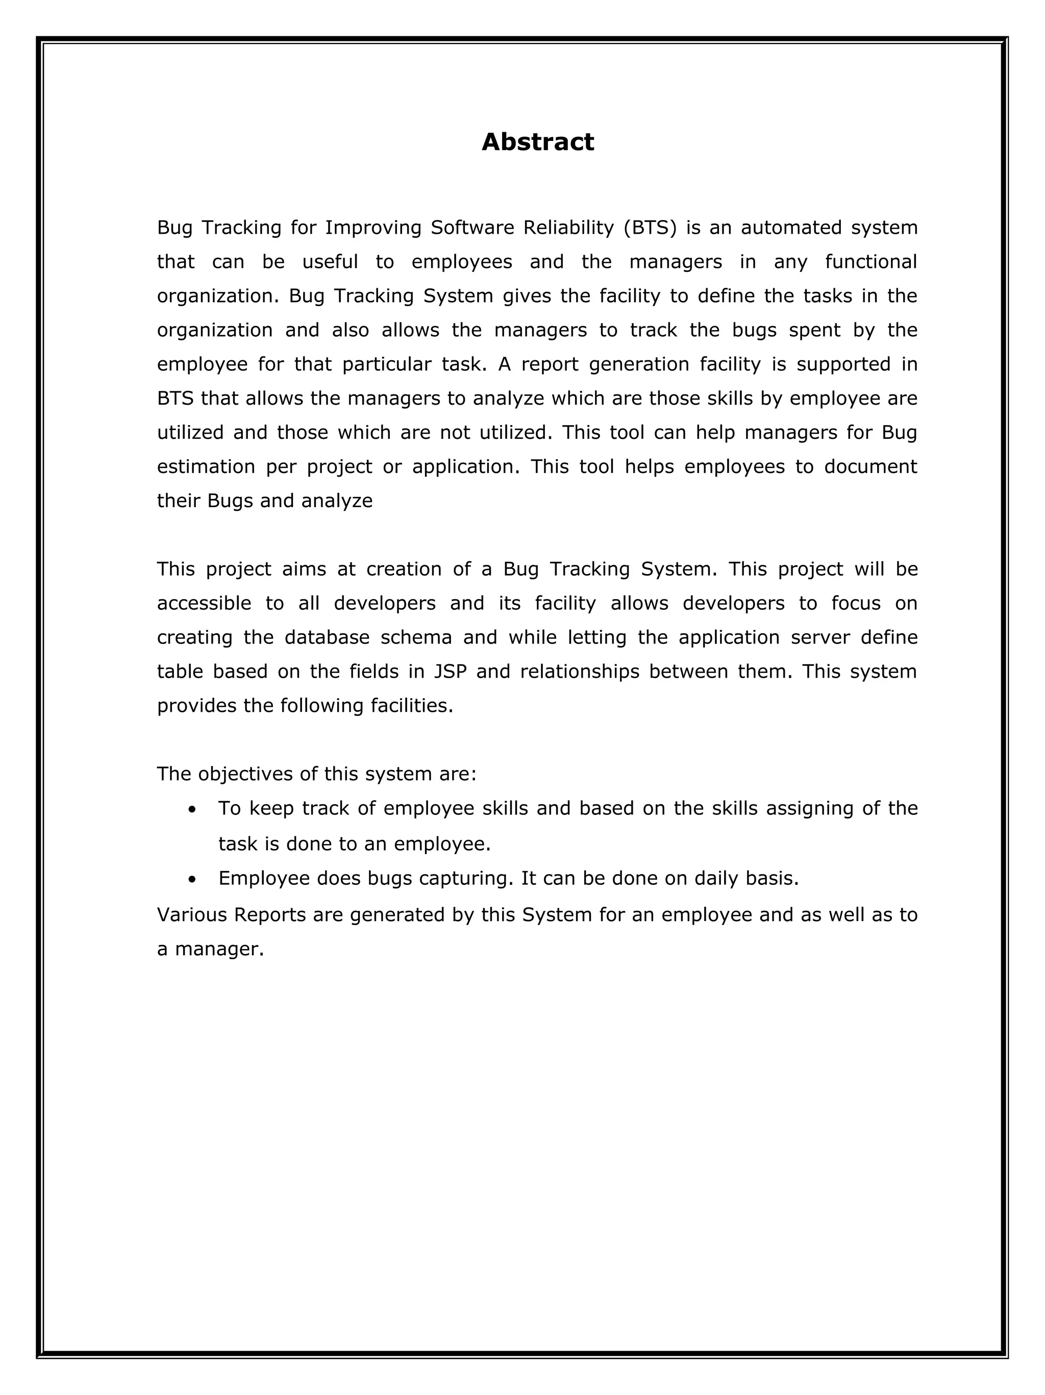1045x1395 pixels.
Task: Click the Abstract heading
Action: tap(537, 142)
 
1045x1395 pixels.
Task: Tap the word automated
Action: tap(791, 228)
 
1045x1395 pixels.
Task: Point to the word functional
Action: tap(870, 262)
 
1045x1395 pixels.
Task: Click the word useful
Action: tap(330, 262)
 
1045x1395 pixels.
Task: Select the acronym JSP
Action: tap(450, 671)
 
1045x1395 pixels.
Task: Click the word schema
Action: tap(416, 638)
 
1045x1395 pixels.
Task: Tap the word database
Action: tap(327, 638)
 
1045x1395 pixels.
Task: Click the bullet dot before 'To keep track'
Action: tap(192, 809)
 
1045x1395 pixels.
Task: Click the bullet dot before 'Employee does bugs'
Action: tap(192, 879)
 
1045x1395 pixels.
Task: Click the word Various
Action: tap(192, 914)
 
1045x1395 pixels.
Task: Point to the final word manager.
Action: tap(218, 949)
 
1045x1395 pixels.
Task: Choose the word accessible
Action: tap(204, 604)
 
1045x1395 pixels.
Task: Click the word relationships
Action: tap(580, 671)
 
